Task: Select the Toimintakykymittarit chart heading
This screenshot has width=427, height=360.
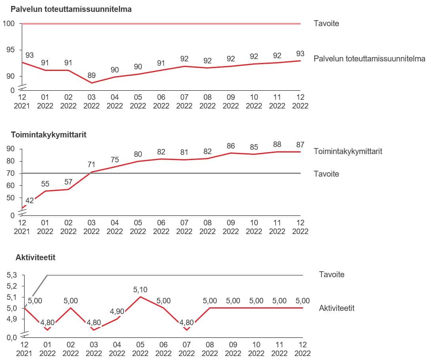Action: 49,135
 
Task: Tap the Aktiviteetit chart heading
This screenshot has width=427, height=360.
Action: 35,258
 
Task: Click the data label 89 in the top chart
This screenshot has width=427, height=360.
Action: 91,75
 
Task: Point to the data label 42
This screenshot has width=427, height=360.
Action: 29,201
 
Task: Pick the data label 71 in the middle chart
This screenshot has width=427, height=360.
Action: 91,164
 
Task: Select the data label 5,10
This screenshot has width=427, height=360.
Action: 140,290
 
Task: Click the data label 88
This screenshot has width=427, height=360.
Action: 277,145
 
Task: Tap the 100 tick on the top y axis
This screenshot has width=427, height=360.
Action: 8,24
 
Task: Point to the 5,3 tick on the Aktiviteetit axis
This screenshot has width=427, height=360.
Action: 13,275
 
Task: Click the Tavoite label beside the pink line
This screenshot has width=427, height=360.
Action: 326,23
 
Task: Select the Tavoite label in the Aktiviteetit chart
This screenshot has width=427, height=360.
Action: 332,274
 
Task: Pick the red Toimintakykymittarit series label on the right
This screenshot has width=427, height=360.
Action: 348,151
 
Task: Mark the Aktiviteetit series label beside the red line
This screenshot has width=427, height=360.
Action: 336,308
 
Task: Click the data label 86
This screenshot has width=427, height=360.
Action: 231,146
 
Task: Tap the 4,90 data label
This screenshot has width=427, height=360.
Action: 117,312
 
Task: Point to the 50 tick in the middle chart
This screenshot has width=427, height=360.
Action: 10,198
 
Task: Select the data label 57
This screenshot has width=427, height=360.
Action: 68,182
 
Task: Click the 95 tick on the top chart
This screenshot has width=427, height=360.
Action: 10,50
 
